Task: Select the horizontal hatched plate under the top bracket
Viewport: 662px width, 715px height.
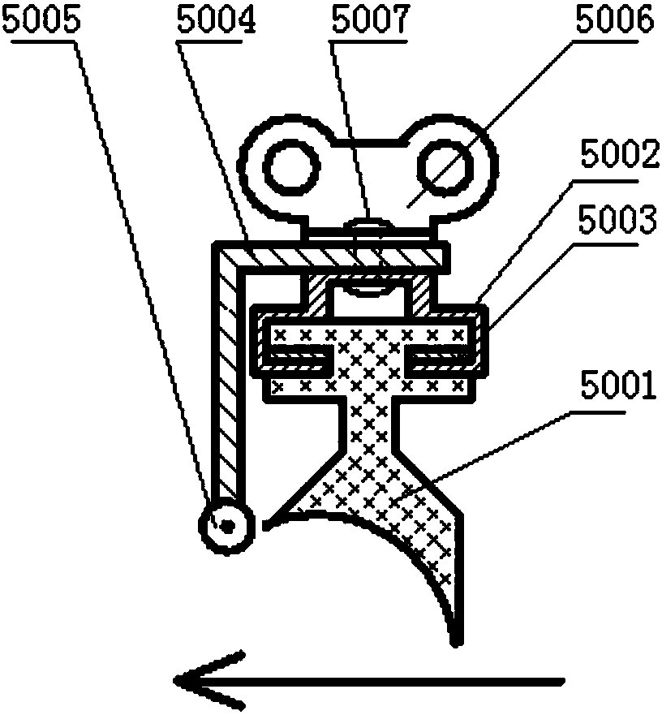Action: pyautogui.click(x=341, y=256)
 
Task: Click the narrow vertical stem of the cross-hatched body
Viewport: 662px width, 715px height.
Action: pyautogui.click(x=368, y=422)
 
